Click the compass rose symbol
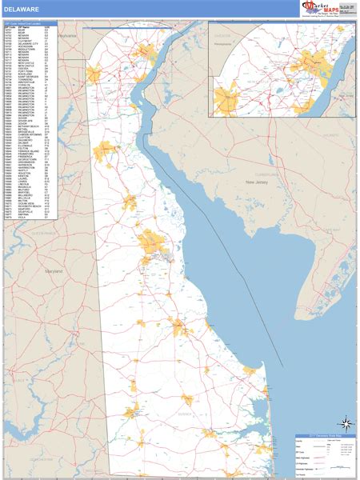pos(346,424)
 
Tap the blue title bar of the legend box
pos(323,436)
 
